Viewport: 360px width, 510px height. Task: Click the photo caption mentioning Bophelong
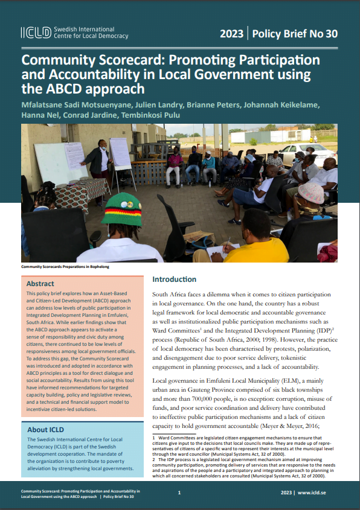click(x=65, y=266)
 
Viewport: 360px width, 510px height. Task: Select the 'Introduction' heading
click(x=174, y=279)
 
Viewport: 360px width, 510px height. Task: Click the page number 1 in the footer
click(x=179, y=493)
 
